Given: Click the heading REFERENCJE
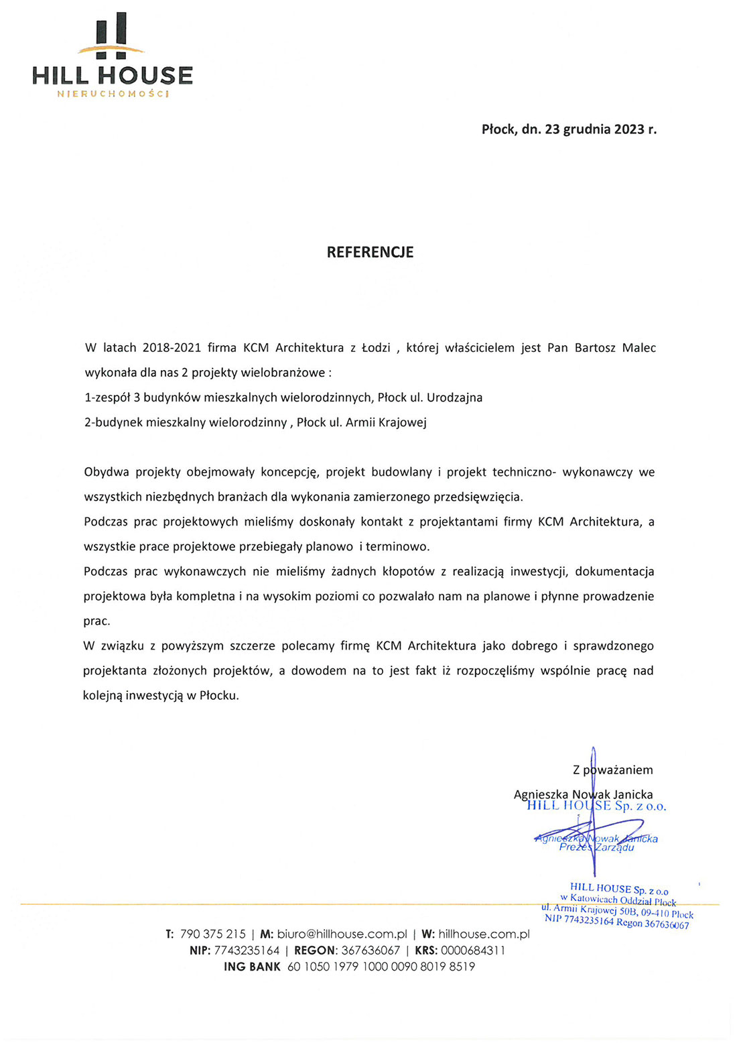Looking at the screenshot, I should point(370,252).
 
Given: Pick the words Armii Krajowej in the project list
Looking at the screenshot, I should point(386,422).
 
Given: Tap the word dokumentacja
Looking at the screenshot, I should point(614,571).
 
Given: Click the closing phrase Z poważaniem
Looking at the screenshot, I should point(612,770).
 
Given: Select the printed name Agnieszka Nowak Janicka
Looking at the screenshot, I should point(583,794).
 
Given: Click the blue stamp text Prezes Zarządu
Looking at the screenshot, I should point(596,847).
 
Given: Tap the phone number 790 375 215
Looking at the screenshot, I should point(213,934).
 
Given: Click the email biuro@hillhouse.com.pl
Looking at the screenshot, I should point(342,934).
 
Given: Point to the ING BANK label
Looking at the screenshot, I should point(252,967).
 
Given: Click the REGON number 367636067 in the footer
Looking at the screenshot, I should point(371,950).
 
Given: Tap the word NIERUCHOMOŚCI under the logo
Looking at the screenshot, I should point(113,93).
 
